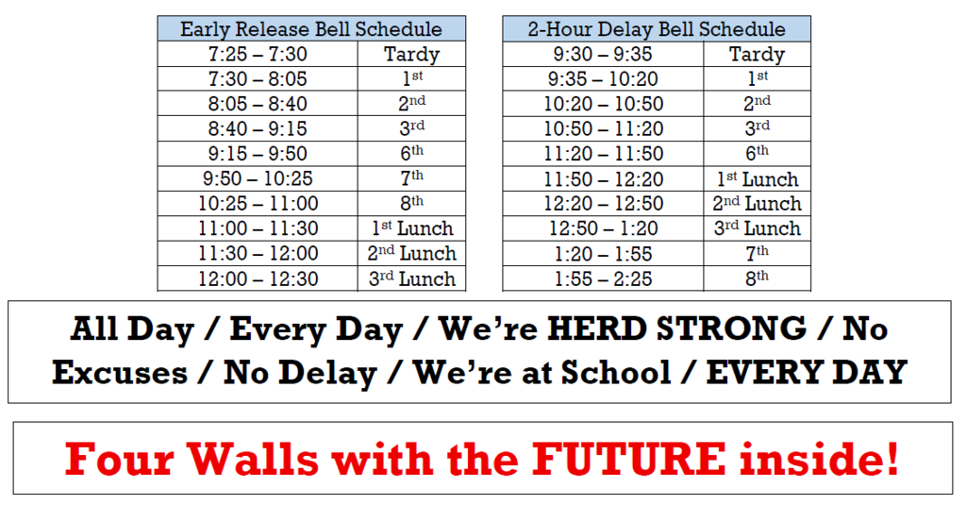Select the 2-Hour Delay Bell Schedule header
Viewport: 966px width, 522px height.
(656, 29)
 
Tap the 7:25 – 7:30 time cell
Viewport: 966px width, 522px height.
(258, 55)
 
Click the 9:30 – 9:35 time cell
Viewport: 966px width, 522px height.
(603, 55)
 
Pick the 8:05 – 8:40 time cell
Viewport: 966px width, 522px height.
(258, 105)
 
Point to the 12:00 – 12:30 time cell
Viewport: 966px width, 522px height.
(258, 279)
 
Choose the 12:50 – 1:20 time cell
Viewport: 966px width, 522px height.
(603, 229)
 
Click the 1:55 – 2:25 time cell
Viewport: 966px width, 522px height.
(603, 279)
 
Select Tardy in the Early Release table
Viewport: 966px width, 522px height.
(411, 55)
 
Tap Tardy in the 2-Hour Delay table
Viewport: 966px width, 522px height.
(757, 55)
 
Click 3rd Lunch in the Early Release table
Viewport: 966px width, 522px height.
(411, 279)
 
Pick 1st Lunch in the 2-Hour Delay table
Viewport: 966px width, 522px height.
(757, 179)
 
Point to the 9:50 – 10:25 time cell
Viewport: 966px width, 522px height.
(258, 179)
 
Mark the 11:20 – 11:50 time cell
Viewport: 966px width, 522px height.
(603, 155)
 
